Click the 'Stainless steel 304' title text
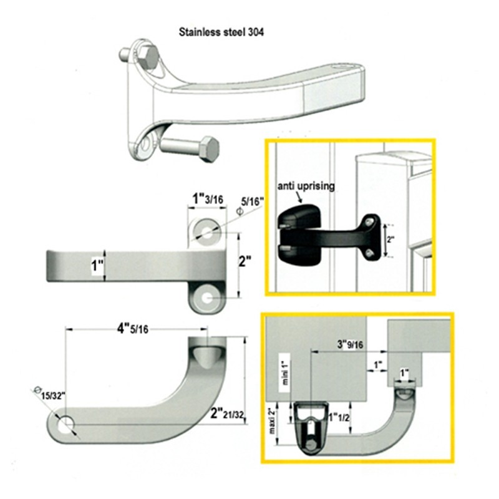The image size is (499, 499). click(x=221, y=32)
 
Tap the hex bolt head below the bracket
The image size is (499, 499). click(x=209, y=149)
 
